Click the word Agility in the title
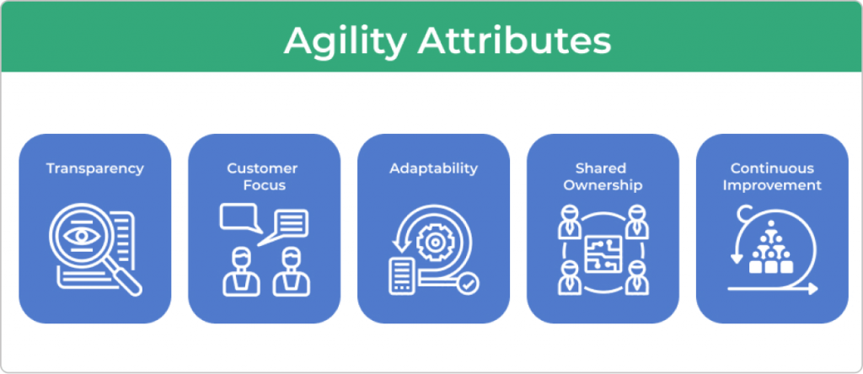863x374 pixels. tap(345, 41)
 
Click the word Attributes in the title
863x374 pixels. tap(514, 40)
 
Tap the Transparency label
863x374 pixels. tap(95, 168)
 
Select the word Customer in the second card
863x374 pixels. tap(263, 168)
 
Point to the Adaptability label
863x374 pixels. tap(434, 168)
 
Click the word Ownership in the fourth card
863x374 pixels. tap(603, 185)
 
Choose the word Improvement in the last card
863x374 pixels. tap(772, 185)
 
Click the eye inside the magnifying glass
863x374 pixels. tap(82, 236)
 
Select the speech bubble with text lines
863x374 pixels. tap(285, 226)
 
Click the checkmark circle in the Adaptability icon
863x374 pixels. tap(469, 284)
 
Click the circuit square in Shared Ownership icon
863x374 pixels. tap(603, 254)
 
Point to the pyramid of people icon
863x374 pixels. tap(771, 248)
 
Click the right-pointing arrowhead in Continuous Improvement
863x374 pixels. tap(813, 289)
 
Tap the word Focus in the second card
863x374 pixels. tap(264, 185)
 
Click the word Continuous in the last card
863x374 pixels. tap(772, 168)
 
